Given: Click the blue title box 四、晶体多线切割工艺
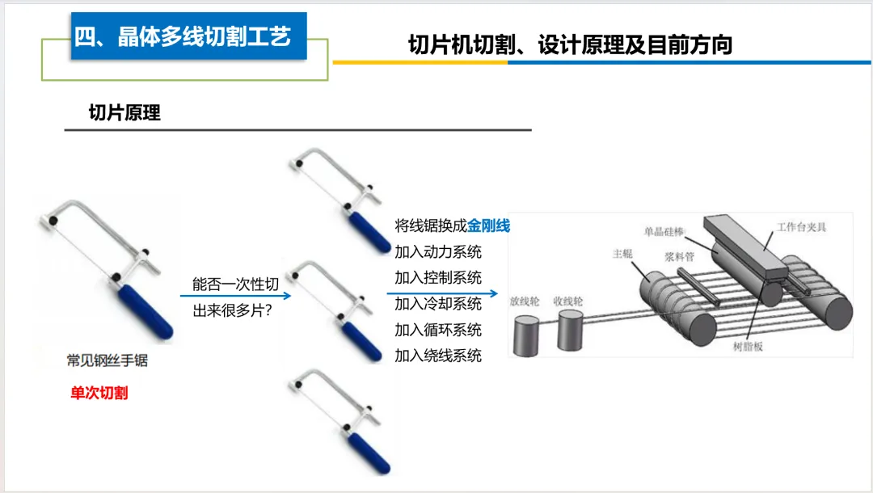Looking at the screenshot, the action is (188, 36).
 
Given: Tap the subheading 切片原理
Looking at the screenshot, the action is (124, 113).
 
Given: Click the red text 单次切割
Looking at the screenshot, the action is (99, 393).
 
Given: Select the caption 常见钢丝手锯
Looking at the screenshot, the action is (108, 360).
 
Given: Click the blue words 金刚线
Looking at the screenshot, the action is (489, 226).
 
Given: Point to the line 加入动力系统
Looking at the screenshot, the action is (438, 252).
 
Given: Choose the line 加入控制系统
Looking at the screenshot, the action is (438, 278).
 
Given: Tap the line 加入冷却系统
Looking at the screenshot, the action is (438, 304).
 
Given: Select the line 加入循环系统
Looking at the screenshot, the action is (438, 330).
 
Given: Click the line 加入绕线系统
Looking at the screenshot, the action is (438, 356).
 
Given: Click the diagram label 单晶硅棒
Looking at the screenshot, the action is (664, 231).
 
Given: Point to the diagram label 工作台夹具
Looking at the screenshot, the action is (802, 227).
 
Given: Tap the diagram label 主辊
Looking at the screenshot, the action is (622, 254).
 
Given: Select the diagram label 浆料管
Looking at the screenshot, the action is (679, 256).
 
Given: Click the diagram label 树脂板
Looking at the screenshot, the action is (748, 347).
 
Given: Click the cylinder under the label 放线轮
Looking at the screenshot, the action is (525, 335).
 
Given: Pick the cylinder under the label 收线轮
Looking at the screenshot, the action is (570, 331).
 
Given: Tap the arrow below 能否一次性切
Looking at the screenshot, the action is (235, 296).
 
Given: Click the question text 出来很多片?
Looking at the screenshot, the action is (232, 310).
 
